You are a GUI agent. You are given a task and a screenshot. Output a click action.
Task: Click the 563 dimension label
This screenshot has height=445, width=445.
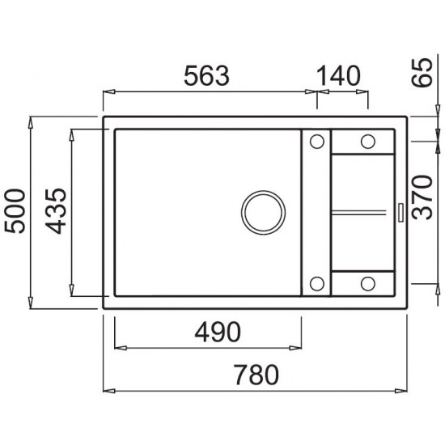[x=206, y=76]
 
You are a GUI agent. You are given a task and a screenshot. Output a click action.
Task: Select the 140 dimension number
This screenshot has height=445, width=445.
[x=338, y=76]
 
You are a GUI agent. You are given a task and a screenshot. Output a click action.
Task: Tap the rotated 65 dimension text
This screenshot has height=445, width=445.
[x=422, y=73]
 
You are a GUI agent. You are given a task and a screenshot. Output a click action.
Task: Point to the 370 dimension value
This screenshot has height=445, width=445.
[x=422, y=197]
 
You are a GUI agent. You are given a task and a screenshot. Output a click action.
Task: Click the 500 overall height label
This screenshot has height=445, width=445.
[x=15, y=211]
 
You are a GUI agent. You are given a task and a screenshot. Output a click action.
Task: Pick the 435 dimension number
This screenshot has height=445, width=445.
[x=56, y=211]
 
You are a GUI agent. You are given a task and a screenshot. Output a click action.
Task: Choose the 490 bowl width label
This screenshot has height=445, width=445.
[x=218, y=332]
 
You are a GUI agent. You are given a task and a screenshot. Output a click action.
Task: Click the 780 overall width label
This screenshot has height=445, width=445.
[x=256, y=375]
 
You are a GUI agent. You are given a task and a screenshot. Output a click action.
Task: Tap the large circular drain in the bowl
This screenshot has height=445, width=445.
[x=263, y=213]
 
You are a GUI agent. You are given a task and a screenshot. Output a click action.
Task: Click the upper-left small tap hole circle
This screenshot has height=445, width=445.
[x=316, y=142]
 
